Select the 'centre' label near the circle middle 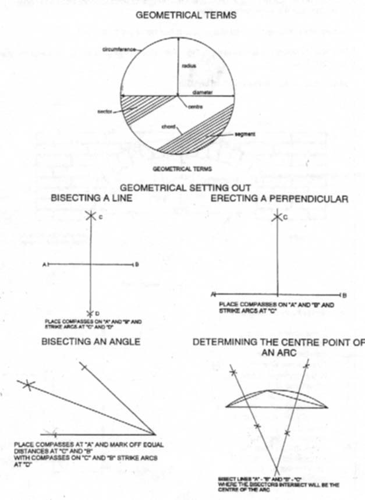(x=195, y=106)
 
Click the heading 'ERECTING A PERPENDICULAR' (x=279, y=198)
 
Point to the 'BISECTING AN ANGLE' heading (x=91, y=342)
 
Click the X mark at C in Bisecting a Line (x=90, y=215)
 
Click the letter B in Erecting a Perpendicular (x=345, y=295)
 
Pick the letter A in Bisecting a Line (x=44, y=265)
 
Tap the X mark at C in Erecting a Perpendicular (x=277, y=217)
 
